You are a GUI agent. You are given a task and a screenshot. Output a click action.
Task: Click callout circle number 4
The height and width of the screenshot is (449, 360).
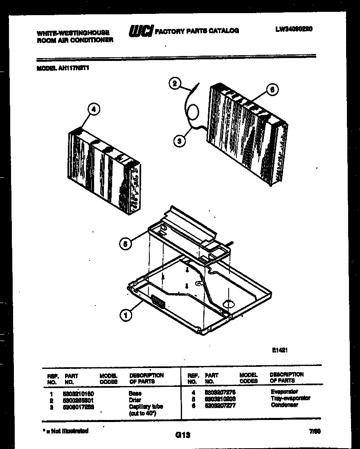coord(94,109)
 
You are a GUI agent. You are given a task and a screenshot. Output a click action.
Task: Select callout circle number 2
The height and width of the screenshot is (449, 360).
coord(175,84)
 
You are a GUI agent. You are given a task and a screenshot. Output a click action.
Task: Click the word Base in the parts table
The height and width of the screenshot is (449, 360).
coord(135,393)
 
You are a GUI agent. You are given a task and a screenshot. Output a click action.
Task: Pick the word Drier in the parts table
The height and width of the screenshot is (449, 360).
coord(135,400)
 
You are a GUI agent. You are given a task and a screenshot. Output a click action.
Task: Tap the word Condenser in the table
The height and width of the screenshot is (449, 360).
coord(284,405)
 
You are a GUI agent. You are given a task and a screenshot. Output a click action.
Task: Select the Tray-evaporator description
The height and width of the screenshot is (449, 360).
coord(290,398)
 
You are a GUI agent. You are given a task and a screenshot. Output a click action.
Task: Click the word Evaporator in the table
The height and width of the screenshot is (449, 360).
coord(284,392)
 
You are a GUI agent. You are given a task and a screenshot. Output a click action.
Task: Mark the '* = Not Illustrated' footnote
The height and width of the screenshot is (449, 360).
coord(65,431)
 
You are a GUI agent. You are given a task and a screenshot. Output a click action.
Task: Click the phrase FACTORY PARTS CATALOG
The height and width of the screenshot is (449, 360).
coord(197,31)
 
